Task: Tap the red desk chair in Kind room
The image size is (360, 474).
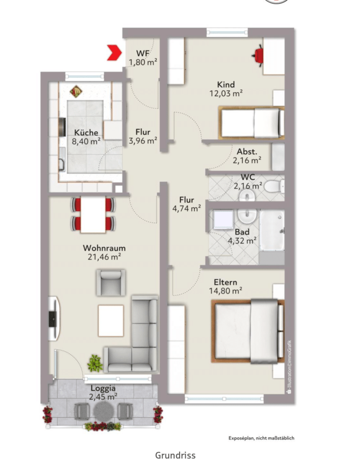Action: (259, 55)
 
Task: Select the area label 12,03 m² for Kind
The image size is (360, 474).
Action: (226, 93)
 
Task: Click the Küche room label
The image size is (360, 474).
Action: (86, 133)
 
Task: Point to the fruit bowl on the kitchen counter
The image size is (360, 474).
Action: (76, 91)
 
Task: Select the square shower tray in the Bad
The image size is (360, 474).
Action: (223, 219)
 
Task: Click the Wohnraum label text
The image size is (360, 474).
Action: (104, 248)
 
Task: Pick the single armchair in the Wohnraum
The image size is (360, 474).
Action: (111, 282)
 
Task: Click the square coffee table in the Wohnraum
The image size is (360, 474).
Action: (111, 321)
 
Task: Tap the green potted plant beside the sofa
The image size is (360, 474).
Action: (95, 363)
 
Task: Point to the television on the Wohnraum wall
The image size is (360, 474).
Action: (53, 318)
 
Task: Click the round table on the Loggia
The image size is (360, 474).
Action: (103, 411)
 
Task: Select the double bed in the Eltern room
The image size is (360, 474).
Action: (248, 331)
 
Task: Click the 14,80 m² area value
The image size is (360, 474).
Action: (225, 291)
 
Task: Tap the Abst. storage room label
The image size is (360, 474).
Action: (247, 151)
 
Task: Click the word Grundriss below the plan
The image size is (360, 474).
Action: (175, 455)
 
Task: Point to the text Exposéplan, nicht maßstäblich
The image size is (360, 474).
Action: (261, 438)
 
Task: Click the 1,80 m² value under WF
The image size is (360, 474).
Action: (143, 62)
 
